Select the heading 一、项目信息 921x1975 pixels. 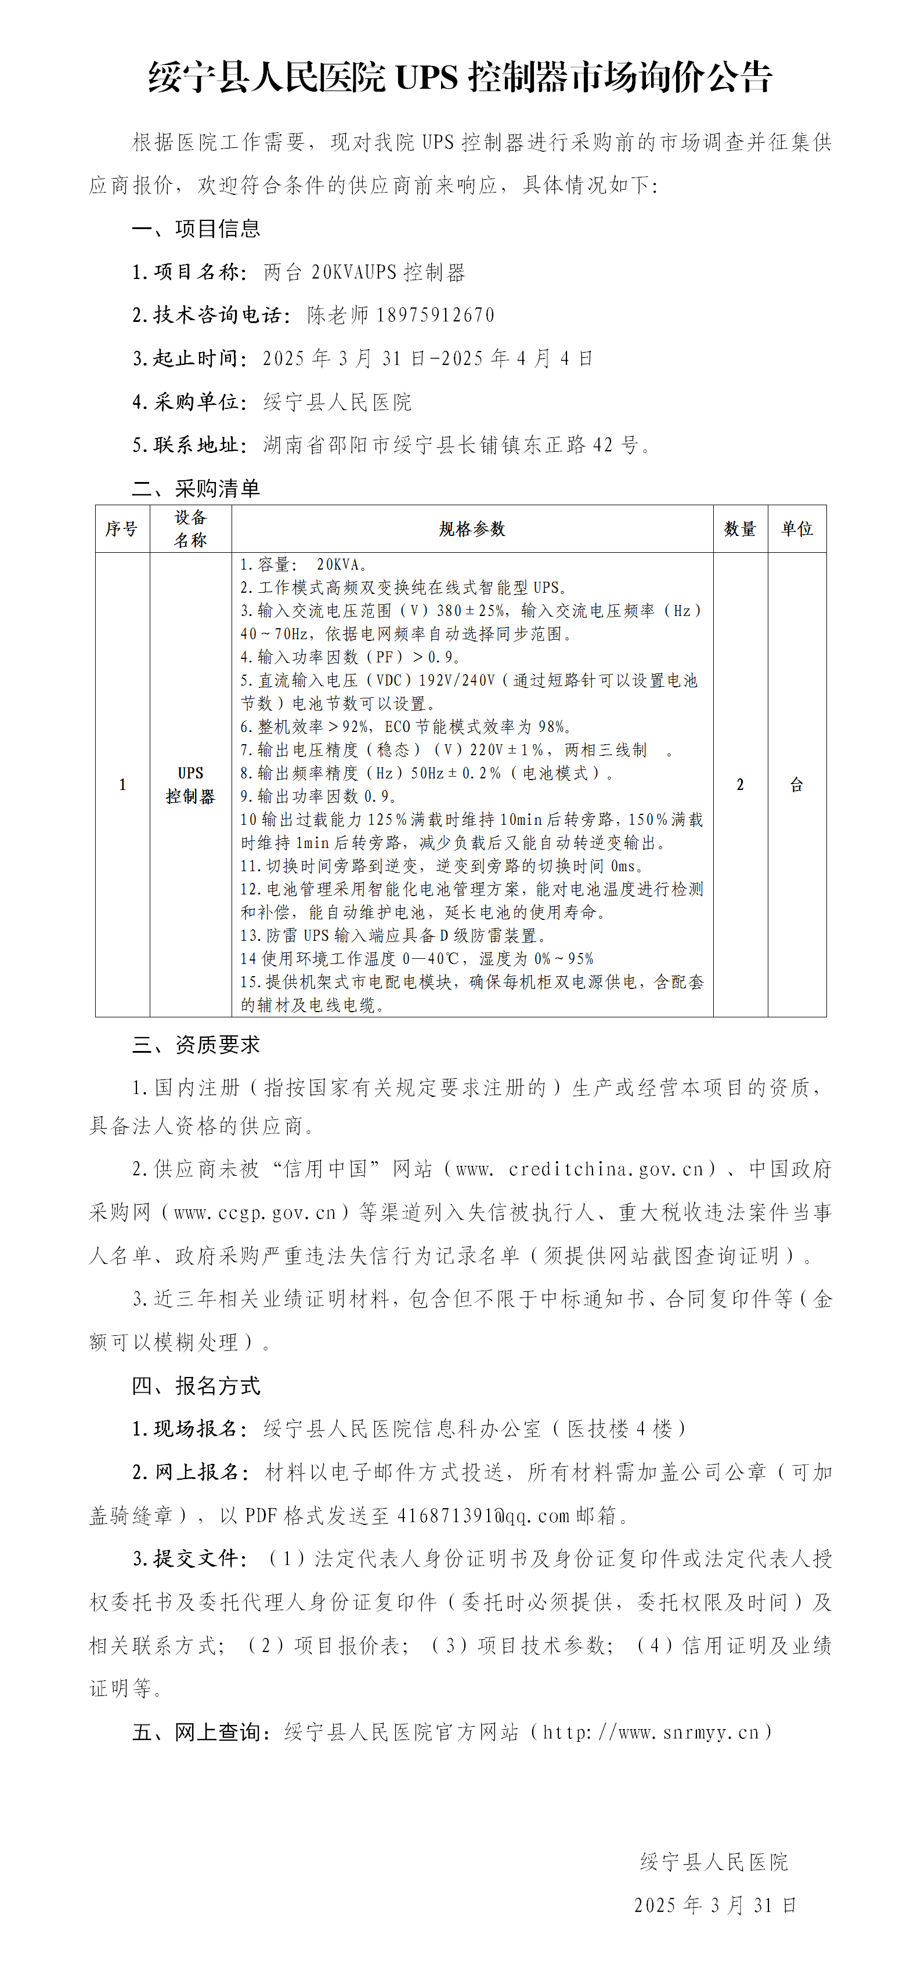point(196,229)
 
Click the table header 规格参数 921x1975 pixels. point(472,529)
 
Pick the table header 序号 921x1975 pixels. point(122,529)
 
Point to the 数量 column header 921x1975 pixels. point(740,529)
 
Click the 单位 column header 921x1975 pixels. point(797,529)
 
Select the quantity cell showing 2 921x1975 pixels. point(740,784)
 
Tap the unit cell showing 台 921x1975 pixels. point(797,784)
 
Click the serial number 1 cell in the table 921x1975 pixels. point(122,784)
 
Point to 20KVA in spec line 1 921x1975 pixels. point(337,565)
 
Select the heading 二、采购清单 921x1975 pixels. point(196,488)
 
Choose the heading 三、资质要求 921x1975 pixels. point(196,1045)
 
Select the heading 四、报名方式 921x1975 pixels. point(196,1386)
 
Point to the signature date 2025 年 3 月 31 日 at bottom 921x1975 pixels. point(715,1905)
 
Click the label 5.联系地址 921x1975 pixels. point(189,445)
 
